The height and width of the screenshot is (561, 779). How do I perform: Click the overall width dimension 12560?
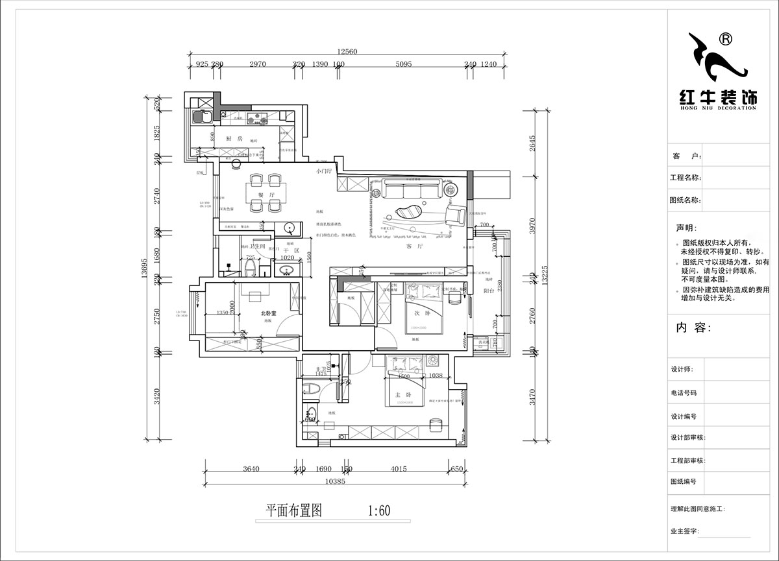click(x=347, y=52)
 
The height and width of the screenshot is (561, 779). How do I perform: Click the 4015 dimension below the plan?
click(x=399, y=469)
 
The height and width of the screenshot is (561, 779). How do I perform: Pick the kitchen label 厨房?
click(x=234, y=139)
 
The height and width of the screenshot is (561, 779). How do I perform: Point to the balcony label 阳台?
click(x=489, y=291)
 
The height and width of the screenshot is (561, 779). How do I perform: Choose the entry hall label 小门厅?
click(x=323, y=172)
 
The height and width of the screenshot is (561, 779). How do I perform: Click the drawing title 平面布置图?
click(x=294, y=510)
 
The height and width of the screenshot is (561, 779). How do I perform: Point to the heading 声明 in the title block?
click(x=689, y=228)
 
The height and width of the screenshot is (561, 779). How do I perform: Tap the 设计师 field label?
click(x=684, y=369)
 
